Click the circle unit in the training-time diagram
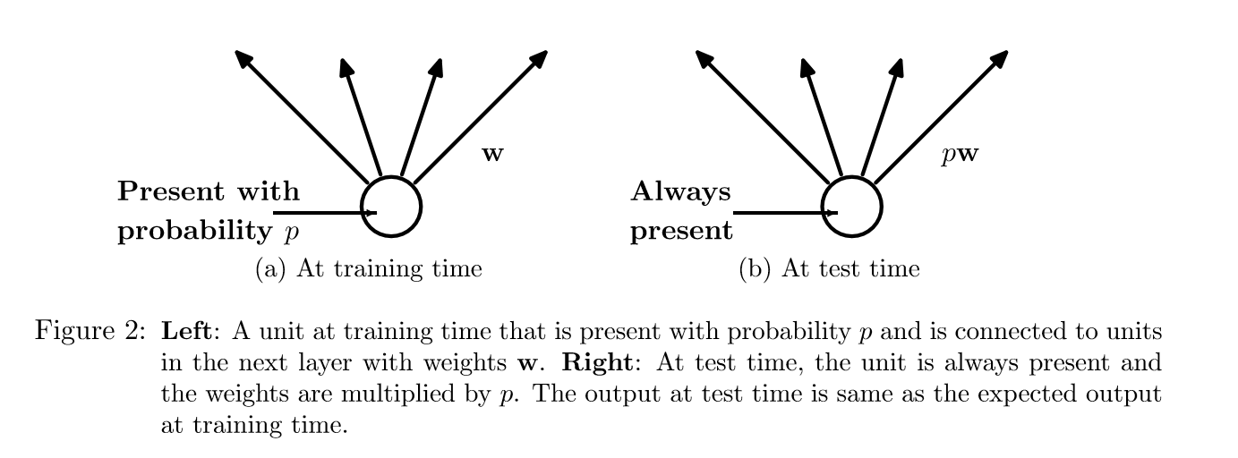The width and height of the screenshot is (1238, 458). click(x=391, y=207)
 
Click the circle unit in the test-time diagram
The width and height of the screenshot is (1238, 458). click(x=852, y=207)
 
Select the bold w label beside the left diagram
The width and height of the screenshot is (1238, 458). click(x=492, y=154)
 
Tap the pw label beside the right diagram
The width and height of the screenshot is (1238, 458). click(x=960, y=154)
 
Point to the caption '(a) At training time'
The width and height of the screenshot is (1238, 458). click(x=368, y=268)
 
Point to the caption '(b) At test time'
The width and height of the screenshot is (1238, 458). click(x=829, y=268)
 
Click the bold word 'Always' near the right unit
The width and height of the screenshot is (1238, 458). click(x=680, y=191)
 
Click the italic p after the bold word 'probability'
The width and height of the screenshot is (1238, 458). click(x=289, y=233)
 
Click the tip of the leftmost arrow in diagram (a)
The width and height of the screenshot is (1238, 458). click(x=237, y=53)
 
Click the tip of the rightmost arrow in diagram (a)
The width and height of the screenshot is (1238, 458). click(x=545, y=53)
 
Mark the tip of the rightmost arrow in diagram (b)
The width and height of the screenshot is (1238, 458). click(x=1006, y=53)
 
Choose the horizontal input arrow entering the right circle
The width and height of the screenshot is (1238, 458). click(x=784, y=213)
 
